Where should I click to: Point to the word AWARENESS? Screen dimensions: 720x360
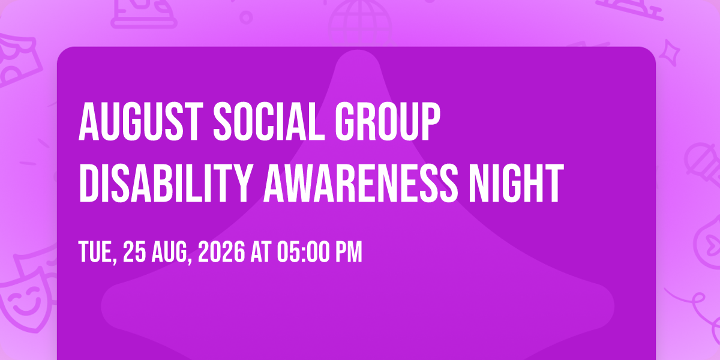pos(361,183)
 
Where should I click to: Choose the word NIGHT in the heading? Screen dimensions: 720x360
pos(515,183)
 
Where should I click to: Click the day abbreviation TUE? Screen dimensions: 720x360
pos(97,253)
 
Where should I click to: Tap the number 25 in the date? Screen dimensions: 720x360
pos(134,251)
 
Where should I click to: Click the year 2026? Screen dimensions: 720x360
pos(221,251)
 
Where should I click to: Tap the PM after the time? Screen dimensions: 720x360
pos(349,251)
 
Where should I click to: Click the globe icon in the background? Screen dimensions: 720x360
pos(359,23)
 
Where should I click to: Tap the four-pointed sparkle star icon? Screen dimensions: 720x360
pos(670,53)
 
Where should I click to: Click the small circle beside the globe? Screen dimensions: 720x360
pos(246,17)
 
